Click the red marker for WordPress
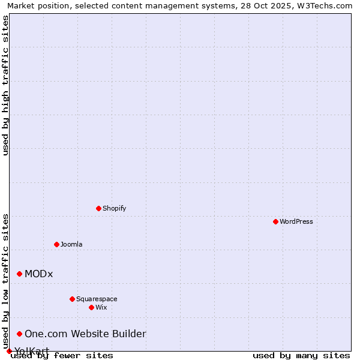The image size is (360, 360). pos(275,221)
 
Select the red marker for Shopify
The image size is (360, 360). pos(98,208)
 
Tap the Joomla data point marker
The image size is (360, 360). pos(56,244)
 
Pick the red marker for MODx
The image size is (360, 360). pos(19,274)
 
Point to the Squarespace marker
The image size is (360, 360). pos(72,299)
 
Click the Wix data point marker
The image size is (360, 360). pos(91,307)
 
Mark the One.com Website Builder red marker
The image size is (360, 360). pos(19,334)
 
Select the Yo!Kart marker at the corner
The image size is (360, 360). pos(9,351)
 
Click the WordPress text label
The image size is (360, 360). pos(296,221)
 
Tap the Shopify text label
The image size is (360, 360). pos(114,208)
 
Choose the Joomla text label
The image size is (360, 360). pos(71,244)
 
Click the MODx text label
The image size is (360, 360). pos(39,274)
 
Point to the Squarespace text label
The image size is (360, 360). pos(97,299)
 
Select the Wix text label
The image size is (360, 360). pos(101,307)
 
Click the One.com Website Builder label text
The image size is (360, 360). pos(85,334)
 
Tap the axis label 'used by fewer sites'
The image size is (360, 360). pos(62,356)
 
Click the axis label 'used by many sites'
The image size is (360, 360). pos(301,356)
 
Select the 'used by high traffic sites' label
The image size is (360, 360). pos(5,85)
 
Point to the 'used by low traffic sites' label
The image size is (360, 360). pos(5,281)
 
